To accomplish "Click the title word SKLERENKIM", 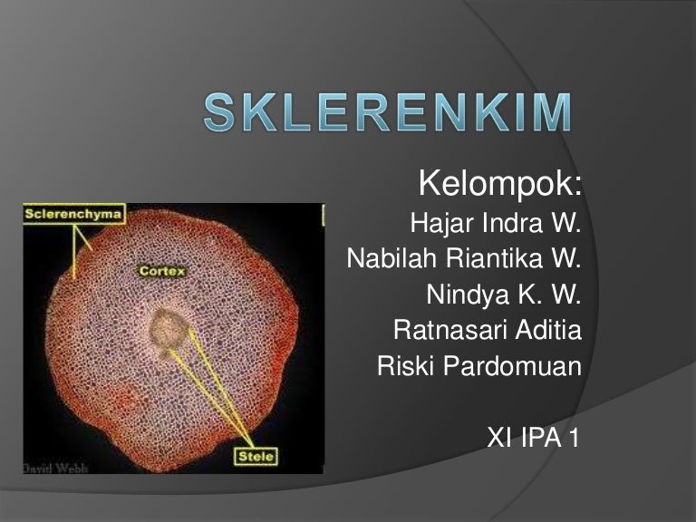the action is point(388,111).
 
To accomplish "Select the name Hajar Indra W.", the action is point(496,222).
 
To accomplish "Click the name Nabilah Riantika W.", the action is point(464,258).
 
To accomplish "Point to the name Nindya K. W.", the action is point(503,295).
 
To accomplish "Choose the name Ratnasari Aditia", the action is point(488,330).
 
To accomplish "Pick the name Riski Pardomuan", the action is point(479,366).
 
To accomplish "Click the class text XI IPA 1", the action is point(533,437).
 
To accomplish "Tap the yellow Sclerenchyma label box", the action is point(74,214).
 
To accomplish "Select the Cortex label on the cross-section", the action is point(162,271).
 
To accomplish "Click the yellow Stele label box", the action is point(256,457).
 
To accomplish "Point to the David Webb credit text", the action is point(55,468).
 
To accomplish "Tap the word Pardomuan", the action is point(512,366).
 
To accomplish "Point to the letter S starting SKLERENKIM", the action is point(218,111).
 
